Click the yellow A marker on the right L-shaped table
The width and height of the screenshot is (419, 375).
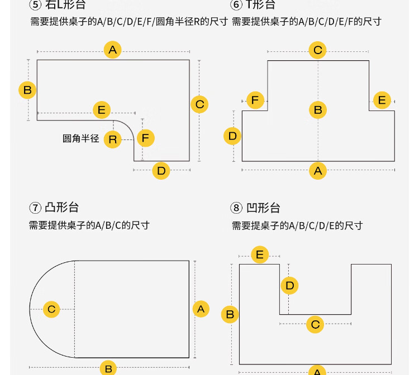pos(113,50)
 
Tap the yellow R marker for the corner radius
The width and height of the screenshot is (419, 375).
pos(113,139)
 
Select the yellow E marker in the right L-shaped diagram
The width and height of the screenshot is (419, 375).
pos(101,110)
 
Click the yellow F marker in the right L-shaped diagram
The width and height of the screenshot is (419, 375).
pos(145,137)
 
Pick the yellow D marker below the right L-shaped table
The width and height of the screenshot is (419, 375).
pos(161,171)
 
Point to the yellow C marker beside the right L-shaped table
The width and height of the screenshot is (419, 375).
pos(199,104)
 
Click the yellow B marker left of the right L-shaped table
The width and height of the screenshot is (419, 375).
pos(27,90)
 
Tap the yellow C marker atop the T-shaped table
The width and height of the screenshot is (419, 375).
pos(318,50)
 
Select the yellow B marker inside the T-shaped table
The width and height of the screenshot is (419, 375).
pos(318,110)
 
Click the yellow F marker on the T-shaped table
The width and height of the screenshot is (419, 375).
pos(255,100)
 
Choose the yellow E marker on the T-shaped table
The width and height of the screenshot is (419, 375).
pos(382,100)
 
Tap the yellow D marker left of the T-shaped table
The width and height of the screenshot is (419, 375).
pos(232,136)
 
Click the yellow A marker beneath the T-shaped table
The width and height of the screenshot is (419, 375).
pos(318,171)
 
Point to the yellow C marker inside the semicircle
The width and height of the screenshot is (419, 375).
pos(51,309)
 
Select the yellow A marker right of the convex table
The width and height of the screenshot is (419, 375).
pos(201,309)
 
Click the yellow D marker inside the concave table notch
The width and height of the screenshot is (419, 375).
pos(289,286)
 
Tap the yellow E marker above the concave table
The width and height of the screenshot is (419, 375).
pos(259,255)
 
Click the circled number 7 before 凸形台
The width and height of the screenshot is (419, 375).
pos(35,208)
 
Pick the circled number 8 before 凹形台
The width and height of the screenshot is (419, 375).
pos(237,208)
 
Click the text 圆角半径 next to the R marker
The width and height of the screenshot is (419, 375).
pos(80,138)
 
